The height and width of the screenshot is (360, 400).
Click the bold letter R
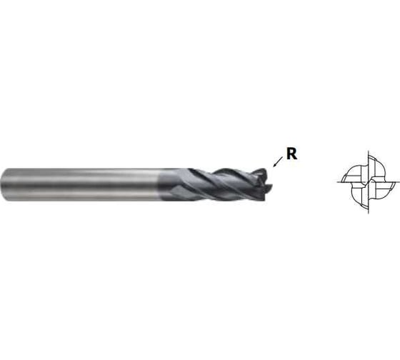click(x=292, y=154)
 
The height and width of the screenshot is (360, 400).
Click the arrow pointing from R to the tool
click(x=278, y=161)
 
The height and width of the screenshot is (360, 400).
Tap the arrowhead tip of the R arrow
click(x=273, y=166)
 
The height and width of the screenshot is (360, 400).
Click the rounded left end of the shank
click(x=4, y=184)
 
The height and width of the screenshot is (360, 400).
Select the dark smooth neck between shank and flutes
click(x=174, y=184)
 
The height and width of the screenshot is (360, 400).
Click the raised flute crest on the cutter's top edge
click(x=225, y=171)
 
